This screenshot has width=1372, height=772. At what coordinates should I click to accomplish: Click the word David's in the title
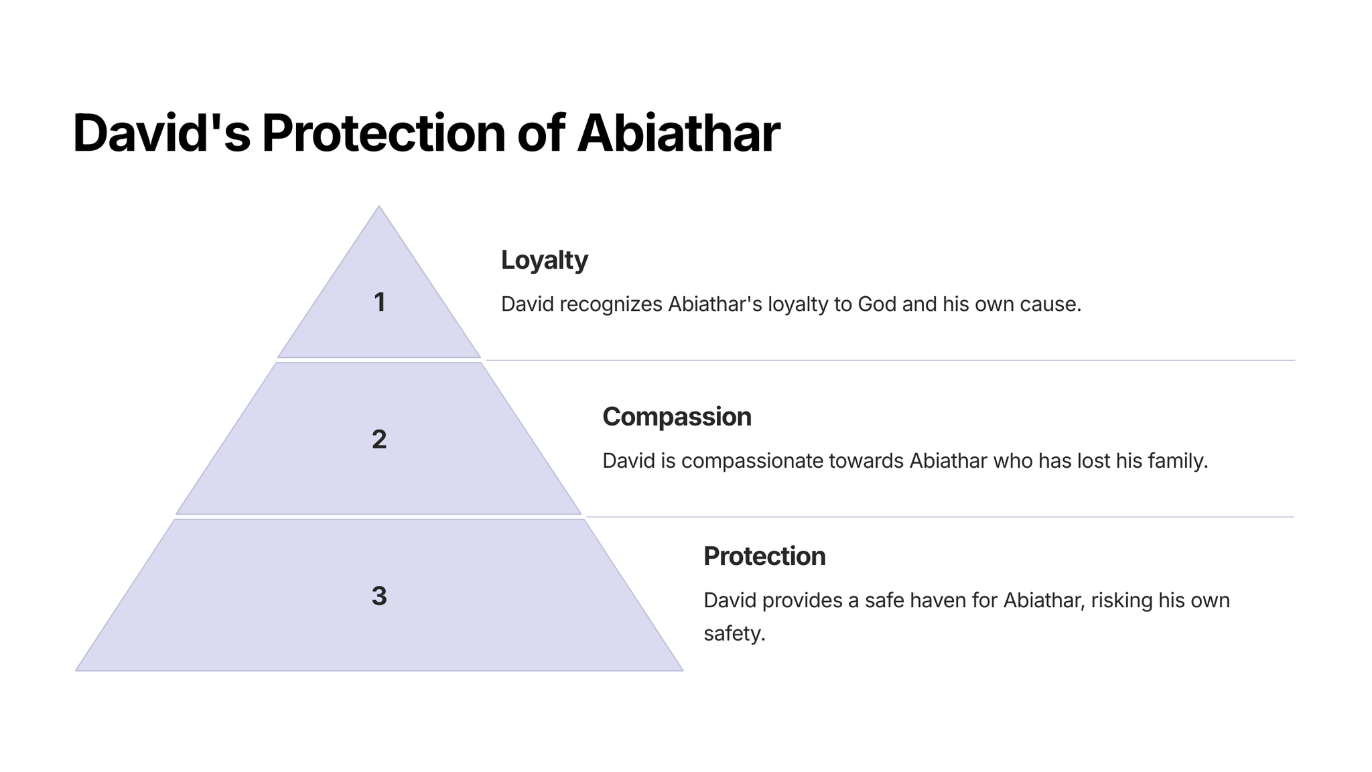point(161,133)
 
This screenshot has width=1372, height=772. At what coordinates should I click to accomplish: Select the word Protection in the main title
point(384,133)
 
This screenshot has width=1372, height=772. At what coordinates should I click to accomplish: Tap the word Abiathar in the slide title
point(679,133)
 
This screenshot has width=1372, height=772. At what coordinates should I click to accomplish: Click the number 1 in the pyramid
point(380,302)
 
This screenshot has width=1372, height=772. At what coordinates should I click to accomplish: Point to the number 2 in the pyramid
point(379,440)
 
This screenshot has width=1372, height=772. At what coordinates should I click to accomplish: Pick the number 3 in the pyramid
point(379,596)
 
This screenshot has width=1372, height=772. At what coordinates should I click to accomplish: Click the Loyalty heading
point(545,261)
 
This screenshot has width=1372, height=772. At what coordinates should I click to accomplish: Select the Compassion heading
point(677,417)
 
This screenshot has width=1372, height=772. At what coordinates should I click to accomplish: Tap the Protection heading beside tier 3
point(764,556)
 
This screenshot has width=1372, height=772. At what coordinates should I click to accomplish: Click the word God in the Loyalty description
point(877,304)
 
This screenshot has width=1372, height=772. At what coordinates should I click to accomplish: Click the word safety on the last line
point(734,633)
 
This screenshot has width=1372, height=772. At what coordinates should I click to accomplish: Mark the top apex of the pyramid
point(379,206)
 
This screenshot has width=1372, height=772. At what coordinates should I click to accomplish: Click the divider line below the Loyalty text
point(890,361)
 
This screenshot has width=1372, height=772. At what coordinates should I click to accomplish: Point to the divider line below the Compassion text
point(940,517)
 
